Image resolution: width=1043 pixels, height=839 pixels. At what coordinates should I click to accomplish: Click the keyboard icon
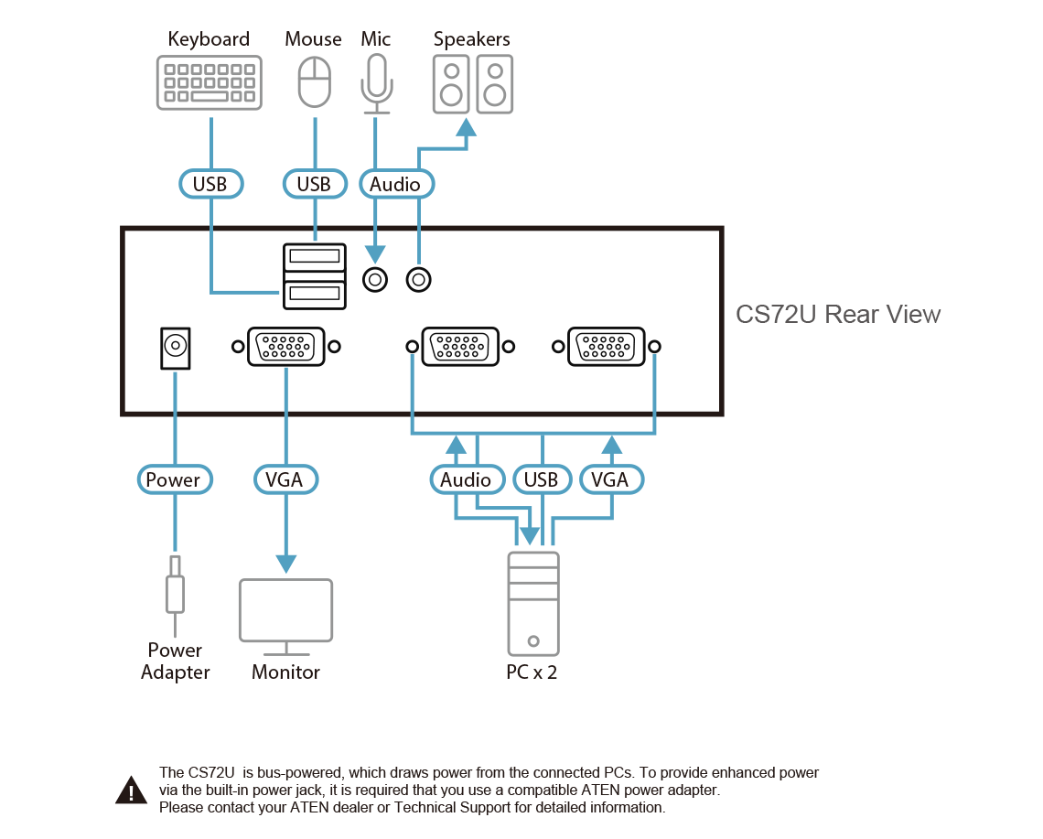pos(209,83)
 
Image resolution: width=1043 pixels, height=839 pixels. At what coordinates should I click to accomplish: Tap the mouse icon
pos(314,82)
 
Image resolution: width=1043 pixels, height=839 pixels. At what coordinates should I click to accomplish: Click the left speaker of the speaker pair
pos(450,82)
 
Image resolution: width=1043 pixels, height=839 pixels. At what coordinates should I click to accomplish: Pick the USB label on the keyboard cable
pos(210,184)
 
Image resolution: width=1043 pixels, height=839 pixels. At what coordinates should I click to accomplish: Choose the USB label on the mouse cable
pos(314,184)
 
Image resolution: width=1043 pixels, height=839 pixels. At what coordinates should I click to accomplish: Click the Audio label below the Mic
pos(395,184)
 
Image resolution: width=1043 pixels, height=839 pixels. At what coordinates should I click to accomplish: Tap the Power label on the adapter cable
pos(173,479)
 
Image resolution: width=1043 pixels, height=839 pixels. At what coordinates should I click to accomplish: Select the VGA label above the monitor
pos(285,479)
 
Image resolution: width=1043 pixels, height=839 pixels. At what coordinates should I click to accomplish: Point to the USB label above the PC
pos(541,479)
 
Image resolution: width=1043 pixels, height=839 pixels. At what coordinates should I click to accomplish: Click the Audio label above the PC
pos(466,479)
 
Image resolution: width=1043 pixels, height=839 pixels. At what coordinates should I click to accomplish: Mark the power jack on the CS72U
pos(174,348)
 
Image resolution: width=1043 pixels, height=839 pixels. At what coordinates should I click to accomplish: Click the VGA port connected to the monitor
pos(285,347)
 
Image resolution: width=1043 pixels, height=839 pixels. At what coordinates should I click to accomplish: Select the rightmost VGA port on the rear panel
pos(606,347)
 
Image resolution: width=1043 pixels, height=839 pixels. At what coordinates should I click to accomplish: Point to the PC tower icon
pos(533,603)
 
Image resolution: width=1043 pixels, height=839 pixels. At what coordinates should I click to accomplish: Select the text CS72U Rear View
pos(838,315)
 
